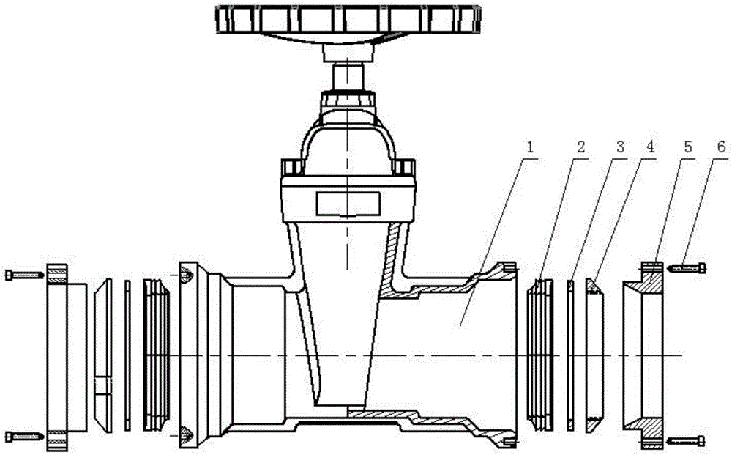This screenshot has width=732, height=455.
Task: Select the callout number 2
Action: click(580, 146)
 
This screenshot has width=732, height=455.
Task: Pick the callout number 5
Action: click(687, 146)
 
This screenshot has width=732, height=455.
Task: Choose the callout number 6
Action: click(721, 146)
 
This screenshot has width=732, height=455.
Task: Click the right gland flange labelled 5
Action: click(647, 355)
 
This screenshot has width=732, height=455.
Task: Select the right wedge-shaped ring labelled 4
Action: click(595, 355)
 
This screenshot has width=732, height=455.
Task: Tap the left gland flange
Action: click(62, 355)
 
